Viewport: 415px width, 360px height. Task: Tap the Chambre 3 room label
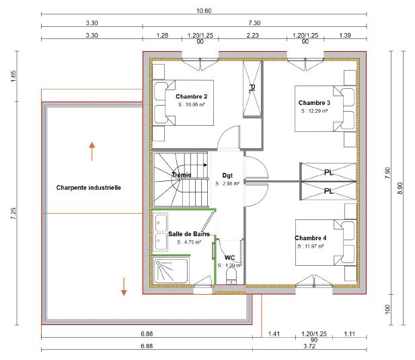[314, 102]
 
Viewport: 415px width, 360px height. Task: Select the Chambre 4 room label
[310, 238]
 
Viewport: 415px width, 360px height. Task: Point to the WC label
[229, 257]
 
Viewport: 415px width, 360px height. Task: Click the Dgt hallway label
[227, 174]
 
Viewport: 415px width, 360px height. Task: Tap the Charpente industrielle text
[89, 188]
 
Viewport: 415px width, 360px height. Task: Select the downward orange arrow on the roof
[124, 286]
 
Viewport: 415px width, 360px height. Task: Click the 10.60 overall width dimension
[204, 11]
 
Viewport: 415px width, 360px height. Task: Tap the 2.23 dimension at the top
[253, 34]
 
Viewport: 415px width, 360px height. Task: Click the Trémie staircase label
[181, 175]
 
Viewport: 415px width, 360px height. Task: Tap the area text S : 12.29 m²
[314, 110]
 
